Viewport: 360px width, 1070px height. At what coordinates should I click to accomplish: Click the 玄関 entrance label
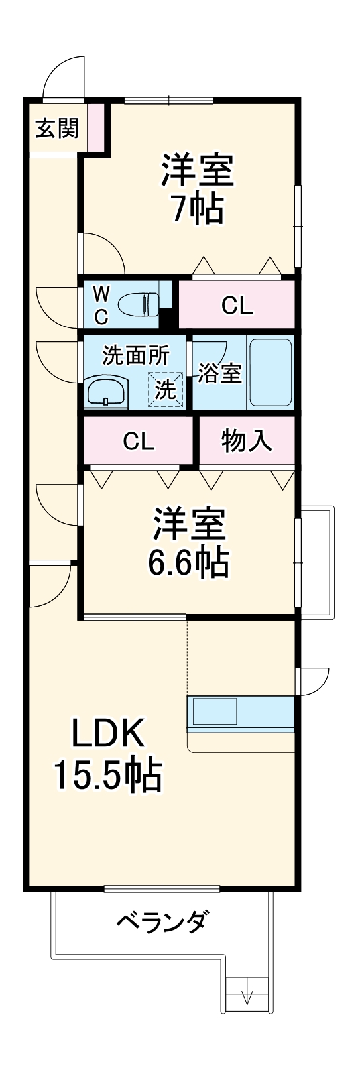pyautogui.click(x=57, y=127)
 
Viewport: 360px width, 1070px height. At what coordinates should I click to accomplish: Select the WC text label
pyautogui.click(x=100, y=305)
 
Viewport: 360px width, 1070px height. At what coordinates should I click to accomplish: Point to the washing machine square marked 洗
pyautogui.click(x=165, y=390)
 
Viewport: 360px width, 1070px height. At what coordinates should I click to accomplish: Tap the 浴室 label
pyautogui.click(x=219, y=373)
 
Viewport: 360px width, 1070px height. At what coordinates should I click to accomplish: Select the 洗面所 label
pyautogui.click(x=135, y=356)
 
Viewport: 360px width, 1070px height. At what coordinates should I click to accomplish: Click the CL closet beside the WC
pyautogui.click(x=237, y=305)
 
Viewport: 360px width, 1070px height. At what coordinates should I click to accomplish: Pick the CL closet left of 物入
pyautogui.click(x=138, y=442)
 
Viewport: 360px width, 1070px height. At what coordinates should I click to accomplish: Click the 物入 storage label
pyautogui.click(x=247, y=441)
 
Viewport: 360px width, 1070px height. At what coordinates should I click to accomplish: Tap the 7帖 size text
pyautogui.click(x=197, y=209)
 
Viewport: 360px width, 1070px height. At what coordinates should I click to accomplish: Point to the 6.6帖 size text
pyautogui.click(x=188, y=562)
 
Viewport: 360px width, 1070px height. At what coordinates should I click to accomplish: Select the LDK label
pyautogui.click(x=107, y=735)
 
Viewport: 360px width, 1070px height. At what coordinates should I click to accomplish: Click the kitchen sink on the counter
pyautogui.click(x=213, y=711)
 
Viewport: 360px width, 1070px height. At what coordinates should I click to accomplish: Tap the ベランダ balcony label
pyautogui.click(x=162, y=922)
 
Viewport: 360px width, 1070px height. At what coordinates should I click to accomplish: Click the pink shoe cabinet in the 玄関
pyautogui.click(x=97, y=127)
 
